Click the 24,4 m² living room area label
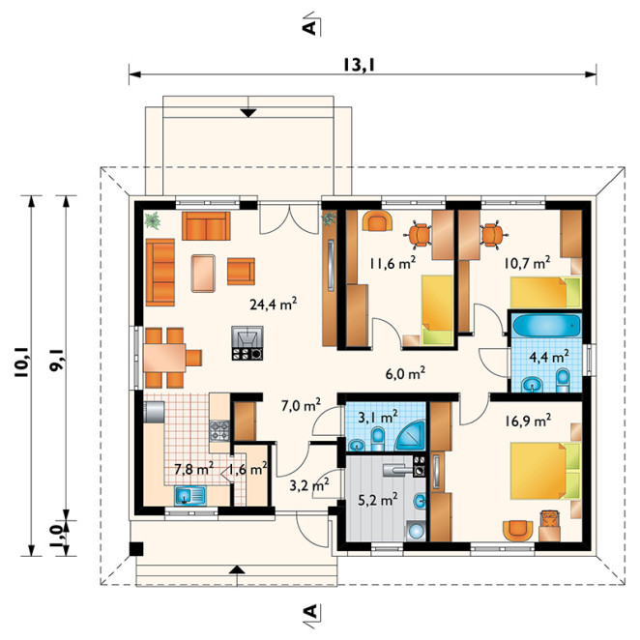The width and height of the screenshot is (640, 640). (273, 304)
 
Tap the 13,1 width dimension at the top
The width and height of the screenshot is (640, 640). (359, 65)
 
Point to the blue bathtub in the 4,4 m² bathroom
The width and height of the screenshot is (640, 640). (546, 325)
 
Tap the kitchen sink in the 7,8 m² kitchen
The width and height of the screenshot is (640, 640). (190, 496)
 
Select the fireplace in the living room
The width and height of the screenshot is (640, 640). (247, 343)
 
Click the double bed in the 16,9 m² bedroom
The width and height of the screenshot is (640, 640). (545, 471)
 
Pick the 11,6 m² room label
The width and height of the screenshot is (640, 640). (393, 263)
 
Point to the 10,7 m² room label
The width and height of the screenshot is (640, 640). (527, 263)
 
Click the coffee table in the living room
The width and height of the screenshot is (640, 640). (203, 273)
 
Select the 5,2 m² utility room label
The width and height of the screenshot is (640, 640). (378, 499)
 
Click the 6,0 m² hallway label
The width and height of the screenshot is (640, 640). (405, 372)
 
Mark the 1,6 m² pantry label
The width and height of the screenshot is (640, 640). (248, 469)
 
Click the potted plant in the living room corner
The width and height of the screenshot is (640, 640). (153, 220)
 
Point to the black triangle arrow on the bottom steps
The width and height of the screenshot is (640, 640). (237, 569)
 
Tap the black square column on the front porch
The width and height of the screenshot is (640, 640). (136, 549)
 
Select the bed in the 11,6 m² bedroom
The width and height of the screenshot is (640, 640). (437, 310)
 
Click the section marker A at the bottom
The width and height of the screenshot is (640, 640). (310, 611)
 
